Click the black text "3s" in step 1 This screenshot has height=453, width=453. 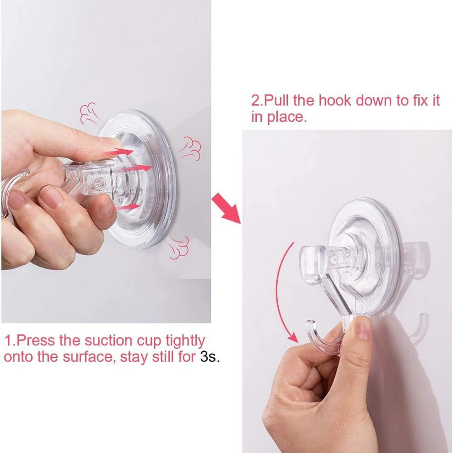[x=208, y=356]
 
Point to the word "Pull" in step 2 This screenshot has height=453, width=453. [x=277, y=101]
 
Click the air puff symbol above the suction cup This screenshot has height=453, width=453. [x=89, y=113]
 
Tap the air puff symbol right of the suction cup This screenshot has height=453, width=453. [x=191, y=149]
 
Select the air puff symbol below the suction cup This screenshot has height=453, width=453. [x=178, y=247]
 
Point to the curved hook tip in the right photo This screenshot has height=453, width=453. [x=310, y=323]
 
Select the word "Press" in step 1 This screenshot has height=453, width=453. [x=36, y=340]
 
